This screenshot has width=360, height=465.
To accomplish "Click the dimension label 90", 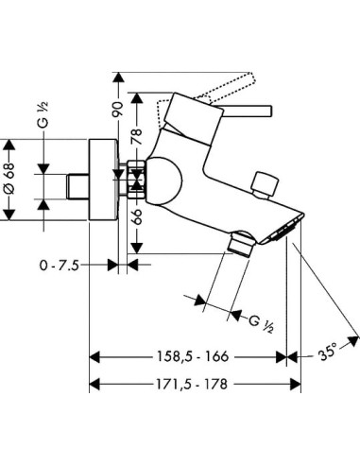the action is click(118, 110).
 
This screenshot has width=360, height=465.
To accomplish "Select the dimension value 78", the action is click(137, 136).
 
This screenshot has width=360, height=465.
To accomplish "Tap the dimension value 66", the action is click(137, 217).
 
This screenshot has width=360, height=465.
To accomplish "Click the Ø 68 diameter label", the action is click(9, 178).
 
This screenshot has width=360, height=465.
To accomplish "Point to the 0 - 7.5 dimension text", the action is click(60, 266).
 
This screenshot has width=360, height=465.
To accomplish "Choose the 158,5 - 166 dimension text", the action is click(192, 356).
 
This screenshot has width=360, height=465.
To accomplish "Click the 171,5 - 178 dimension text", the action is click(192, 384).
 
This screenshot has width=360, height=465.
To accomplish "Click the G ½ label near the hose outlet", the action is click(261, 324).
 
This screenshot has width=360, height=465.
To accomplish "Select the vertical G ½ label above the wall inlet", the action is click(43, 114).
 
